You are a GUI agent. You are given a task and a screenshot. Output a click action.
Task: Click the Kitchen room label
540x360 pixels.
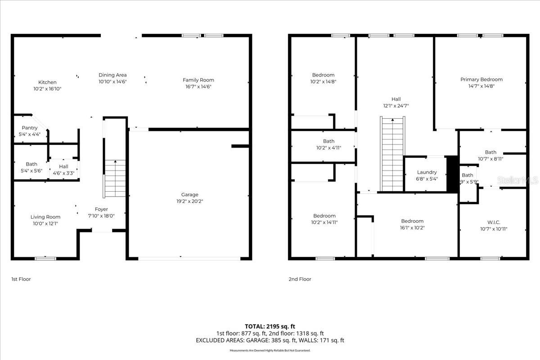pos(47,82)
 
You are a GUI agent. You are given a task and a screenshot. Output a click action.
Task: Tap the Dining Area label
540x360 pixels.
pos(112,75)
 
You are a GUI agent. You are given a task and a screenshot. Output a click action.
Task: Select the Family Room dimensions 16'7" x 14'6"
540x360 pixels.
pos(198,86)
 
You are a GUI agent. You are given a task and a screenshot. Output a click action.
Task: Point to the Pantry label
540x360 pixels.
pos(30,128)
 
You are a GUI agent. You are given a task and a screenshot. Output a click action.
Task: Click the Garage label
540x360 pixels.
pos(189,195)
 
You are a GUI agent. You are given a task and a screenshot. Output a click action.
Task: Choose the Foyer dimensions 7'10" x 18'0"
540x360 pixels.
pos(101,216)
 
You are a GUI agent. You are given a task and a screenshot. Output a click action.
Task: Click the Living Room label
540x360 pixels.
pos(45,217)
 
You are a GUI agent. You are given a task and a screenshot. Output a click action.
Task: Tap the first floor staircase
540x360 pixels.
pos(115,179)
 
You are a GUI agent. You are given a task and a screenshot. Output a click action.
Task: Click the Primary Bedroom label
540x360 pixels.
pos(481,80)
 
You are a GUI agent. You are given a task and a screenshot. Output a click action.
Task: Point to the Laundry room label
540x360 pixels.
pos(427,172)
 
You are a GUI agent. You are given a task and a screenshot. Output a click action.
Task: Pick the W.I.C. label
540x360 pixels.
pos(494,222)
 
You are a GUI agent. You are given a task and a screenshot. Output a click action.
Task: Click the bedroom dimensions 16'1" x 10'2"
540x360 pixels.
pos(412,228)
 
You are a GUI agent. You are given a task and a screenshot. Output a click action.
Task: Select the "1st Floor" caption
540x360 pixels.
pos(21,279)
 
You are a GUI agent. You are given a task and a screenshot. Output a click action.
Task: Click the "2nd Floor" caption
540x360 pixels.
pos(300,279)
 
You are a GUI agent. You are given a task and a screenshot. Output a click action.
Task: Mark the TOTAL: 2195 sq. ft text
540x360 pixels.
pos(270,326)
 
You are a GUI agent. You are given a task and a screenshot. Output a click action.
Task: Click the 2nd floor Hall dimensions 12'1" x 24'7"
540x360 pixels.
pos(396,106)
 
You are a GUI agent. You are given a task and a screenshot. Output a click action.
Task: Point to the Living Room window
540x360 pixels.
pos(45,258)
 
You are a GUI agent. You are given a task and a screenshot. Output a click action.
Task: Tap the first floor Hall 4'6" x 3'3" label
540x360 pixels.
pos(63,169)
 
